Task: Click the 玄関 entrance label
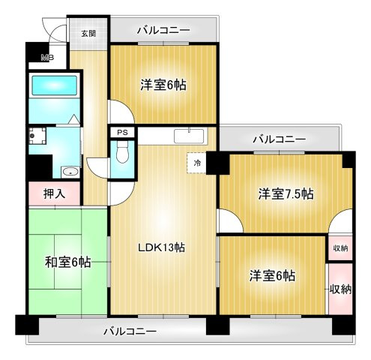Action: [88, 33]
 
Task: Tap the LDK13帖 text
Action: [160, 247]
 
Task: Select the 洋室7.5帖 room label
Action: [286, 193]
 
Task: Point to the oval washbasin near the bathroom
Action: [70, 171]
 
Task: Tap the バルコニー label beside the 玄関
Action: [163, 31]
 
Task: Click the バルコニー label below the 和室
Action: [130, 331]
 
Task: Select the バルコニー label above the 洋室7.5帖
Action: [279, 139]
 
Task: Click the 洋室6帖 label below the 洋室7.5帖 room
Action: [271, 276]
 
